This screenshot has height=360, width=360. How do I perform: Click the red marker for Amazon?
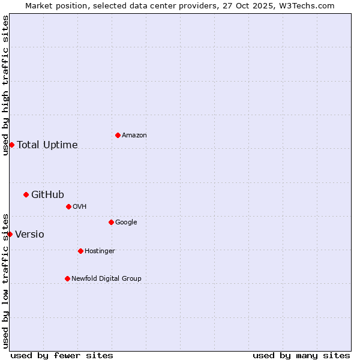point(118,135)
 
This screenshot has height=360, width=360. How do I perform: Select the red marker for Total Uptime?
point(11,145)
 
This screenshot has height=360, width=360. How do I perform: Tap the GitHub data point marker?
point(26,194)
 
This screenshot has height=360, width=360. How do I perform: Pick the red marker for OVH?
point(68,206)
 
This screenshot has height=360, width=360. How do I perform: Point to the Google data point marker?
point(111,222)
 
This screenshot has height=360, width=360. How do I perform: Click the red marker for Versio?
point(10,234)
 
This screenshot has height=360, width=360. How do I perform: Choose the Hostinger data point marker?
point(80,251)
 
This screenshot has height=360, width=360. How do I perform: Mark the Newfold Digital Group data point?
point(67,278)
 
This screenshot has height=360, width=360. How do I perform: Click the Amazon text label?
point(134,136)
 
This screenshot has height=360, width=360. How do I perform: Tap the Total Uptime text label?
point(47,145)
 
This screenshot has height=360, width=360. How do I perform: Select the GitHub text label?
point(47,194)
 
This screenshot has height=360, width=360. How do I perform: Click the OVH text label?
point(80,207)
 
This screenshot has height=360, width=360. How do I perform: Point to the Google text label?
point(126,223)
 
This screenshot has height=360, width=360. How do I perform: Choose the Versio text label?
point(29,234)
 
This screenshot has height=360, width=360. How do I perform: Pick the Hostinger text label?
point(100,251)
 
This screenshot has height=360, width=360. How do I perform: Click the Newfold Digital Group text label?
point(106,279)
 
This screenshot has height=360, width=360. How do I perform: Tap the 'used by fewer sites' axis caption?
point(62,355)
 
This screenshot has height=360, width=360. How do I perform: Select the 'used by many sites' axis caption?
point(301,355)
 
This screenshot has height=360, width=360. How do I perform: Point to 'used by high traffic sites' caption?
point(5,85)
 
